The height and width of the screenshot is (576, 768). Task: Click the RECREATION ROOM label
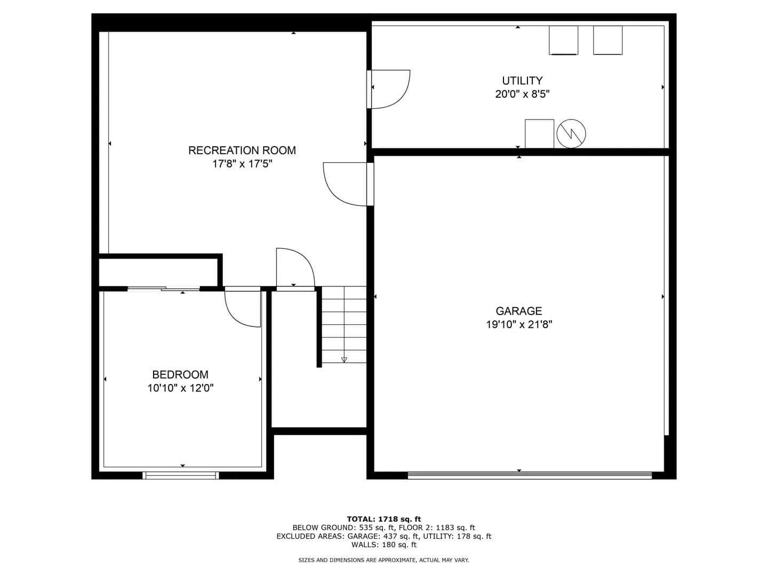(242, 150)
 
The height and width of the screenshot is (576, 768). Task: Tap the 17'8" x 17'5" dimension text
(242, 164)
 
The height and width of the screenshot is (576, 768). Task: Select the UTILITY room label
(522, 81)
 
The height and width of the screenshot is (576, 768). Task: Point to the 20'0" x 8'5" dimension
(522, 94)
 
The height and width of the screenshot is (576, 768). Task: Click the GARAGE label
(519, 311)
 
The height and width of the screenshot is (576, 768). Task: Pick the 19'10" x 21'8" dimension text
(519, 325)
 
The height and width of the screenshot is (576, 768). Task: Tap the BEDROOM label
(180, 374)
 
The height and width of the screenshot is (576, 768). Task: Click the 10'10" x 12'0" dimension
(180, 388)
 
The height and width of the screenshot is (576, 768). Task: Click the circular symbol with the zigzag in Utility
(571, 133)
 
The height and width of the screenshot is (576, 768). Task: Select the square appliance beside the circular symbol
(539, 133)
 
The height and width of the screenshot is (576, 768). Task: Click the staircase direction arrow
(344, 359)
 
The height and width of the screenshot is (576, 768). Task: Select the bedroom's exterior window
(181, 475)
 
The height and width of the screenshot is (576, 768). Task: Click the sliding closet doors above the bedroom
(163, 289)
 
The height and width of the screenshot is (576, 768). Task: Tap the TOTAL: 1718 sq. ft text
(384, 519)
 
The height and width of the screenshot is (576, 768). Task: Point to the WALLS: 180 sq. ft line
(384, 545)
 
